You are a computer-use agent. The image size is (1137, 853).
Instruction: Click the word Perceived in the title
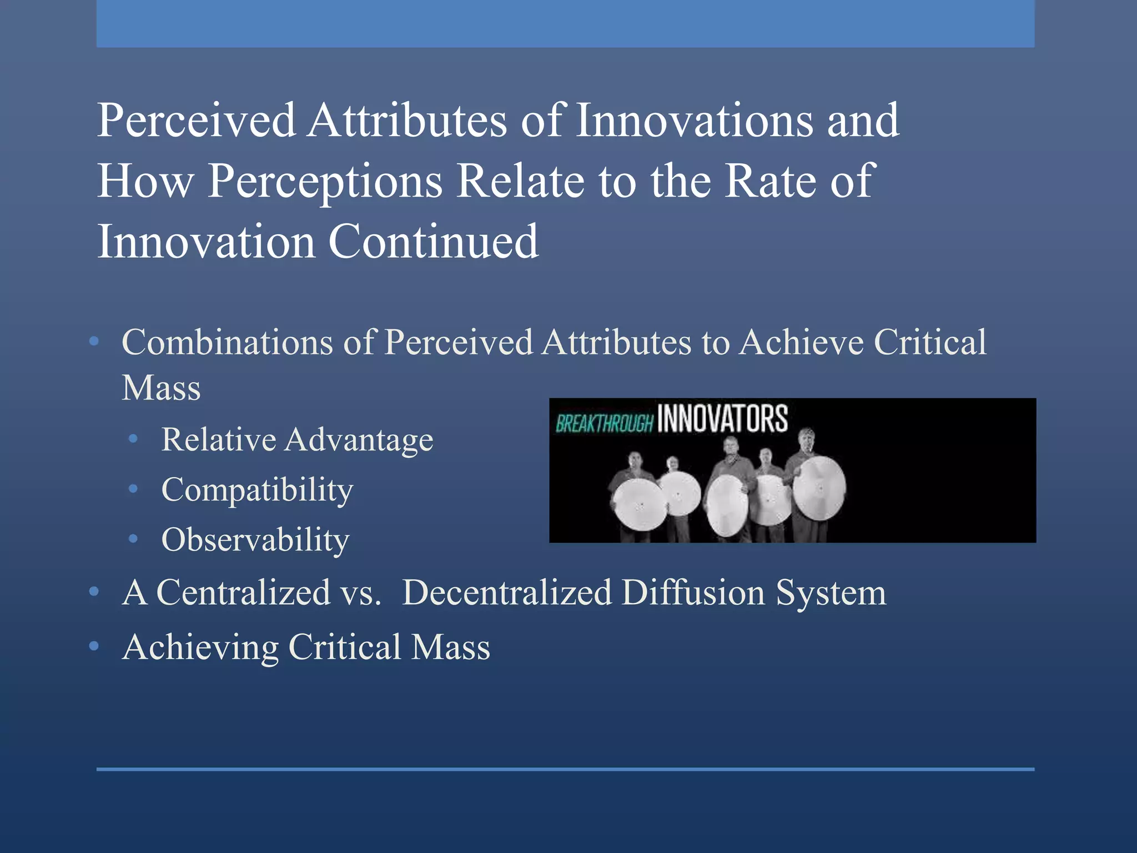[197, 121]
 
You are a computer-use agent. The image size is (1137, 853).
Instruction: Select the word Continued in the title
[433, 242]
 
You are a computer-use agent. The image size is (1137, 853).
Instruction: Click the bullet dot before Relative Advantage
[133, 439]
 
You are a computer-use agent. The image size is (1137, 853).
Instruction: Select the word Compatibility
[257, 490]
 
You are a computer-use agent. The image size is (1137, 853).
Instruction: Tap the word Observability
[255, 540]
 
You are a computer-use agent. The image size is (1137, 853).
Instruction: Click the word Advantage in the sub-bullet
[359, 440]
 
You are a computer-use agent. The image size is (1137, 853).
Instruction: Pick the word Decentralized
[507, 593]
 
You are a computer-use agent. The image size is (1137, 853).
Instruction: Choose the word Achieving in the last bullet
[200, 648]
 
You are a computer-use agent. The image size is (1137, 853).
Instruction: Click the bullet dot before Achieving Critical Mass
[94, 646]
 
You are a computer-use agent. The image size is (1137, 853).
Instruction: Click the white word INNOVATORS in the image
[722, 419]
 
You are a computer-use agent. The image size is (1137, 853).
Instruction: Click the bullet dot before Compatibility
[133, 489]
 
